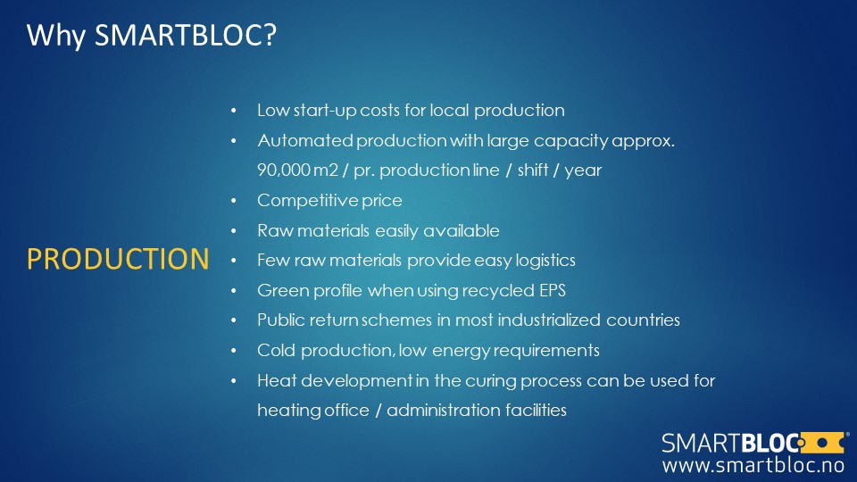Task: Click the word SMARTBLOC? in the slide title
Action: pyautogui.click(x=186, y=35)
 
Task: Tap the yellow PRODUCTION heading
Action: pyautogui.click(x=118, y=259)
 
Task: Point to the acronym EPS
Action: pyautogui.click(x=553, y=290)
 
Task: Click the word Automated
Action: pyautogui.click(x=305, y=140)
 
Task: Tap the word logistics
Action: pyautogui.click(x=545, y=261)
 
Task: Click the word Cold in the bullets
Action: pyautogui.click(x=276, y=350)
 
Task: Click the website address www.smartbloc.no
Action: pyautogui.click(x=753, y=465)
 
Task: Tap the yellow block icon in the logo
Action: pyautogui.click(x=821, y=443)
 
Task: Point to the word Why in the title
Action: pyautogui.click(x=56, y=36)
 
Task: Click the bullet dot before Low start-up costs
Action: pyautogui.click(x=233, y=111)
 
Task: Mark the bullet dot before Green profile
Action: pyautogui.click(x=233, y=291)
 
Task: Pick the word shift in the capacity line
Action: pyautogui.click(x=533, y=170)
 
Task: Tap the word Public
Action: pyautogui.click(x=281, y=320)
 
